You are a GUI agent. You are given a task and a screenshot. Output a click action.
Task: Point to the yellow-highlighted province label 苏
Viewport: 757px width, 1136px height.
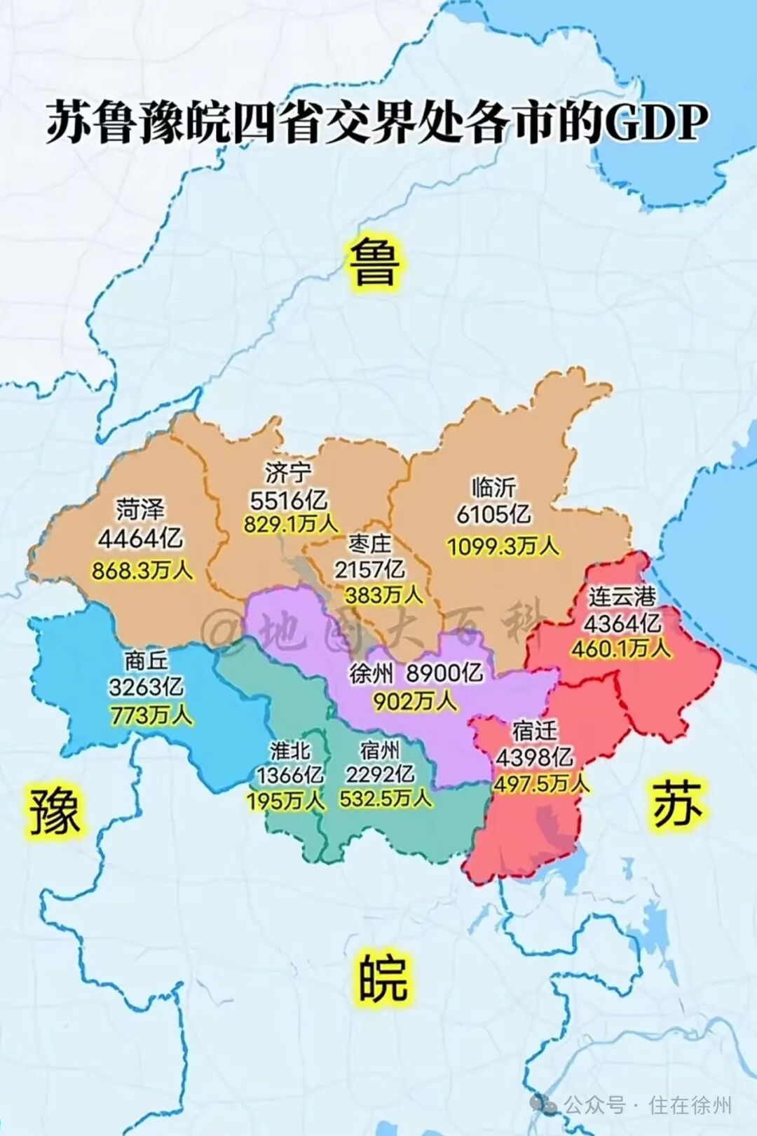[676, 804]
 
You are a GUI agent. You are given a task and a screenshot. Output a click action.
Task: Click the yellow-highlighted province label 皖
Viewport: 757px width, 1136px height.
[382, 979]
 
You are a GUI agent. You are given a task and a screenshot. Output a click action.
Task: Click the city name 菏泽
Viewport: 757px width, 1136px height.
[140, 509]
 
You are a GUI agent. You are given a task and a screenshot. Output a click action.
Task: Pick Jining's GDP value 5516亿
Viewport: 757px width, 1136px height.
[288, 500]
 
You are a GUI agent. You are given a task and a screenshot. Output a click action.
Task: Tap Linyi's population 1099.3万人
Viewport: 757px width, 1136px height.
[503, 546]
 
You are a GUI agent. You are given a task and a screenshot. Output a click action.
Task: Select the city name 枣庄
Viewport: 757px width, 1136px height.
[369, 544]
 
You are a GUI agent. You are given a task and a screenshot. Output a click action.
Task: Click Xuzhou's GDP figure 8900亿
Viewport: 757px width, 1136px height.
[444, 673]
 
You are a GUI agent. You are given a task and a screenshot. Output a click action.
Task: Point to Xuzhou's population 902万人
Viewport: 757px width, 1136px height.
[414, 701]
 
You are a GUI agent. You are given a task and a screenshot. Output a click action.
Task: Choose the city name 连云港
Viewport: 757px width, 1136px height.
[622, 597]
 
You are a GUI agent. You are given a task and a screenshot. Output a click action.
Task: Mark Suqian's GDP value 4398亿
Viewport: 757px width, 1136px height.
[534, 757]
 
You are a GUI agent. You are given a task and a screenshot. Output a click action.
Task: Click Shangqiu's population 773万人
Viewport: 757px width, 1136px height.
[150, 715]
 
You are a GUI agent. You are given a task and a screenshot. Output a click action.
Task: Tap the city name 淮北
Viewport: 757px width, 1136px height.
[290, 750]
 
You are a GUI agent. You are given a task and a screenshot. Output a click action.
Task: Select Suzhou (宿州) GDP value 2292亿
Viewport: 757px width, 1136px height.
[380, 774]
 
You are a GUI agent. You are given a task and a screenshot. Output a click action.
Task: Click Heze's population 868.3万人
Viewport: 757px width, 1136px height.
[142, 570]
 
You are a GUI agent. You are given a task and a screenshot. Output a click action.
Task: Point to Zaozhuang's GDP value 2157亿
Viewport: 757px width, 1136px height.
[369, 569]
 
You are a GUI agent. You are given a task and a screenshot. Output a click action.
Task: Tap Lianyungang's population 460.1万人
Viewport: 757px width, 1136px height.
[620, 648]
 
